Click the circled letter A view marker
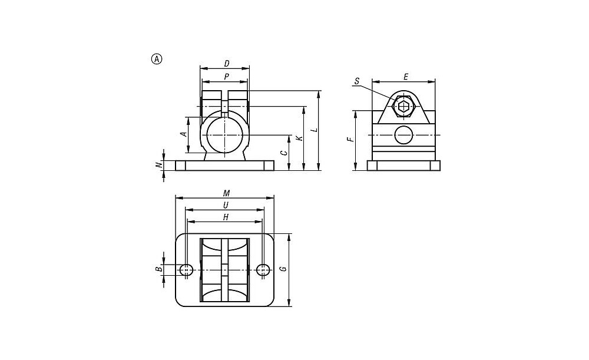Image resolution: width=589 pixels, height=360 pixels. (x=157, y=59)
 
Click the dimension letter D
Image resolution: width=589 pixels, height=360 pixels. (x=227, y=64)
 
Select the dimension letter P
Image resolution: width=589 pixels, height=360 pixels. (x=226, y=77)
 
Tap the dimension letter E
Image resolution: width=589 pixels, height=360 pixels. (x=406, y=77)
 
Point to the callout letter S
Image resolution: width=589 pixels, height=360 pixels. (x=357, y=81)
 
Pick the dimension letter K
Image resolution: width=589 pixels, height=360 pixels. (x=299, y=138)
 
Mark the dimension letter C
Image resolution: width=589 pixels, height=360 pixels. (x=284, y=153)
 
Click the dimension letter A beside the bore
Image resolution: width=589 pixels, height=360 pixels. (x=184, y=134)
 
